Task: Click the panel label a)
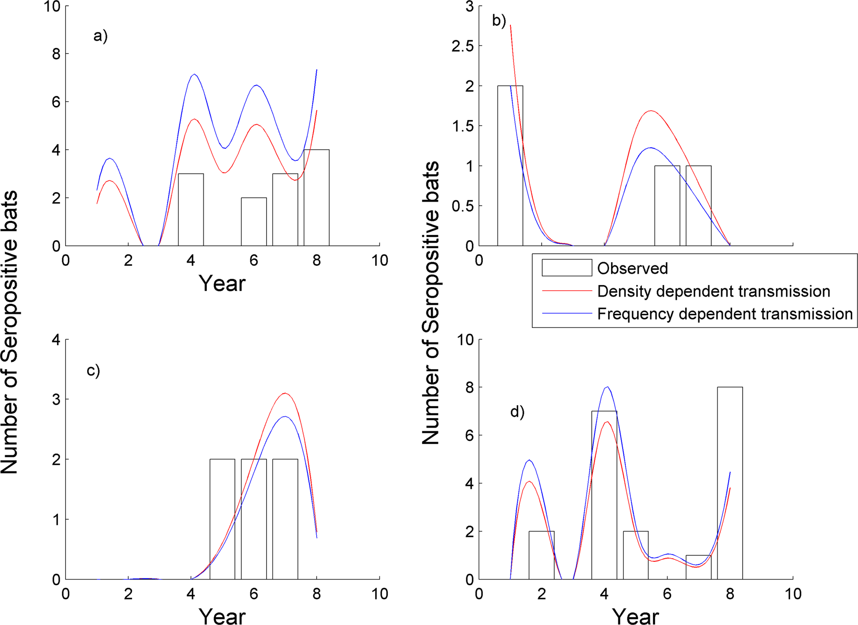coord(100,36)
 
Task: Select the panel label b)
coord(499,20)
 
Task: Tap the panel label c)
coord(93,370)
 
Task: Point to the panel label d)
coord(517,412)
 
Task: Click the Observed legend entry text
coord(632,268)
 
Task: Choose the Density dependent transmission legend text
coord(713,291)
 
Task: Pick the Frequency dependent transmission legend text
coord(724,314)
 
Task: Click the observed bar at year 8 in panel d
coord(730,483)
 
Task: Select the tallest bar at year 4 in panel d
coord(604,495)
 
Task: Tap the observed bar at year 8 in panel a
coord(316,198)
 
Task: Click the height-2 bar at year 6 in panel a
coord(254,222)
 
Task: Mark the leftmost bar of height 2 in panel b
coord(510,166)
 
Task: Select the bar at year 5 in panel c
coord(222,519)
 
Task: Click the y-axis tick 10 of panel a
coord(54,6)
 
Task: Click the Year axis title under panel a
coord(222,284)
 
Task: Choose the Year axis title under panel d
coord(635,616)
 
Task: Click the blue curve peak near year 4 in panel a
coord(194,74)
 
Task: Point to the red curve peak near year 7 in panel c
coord(284,393)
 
